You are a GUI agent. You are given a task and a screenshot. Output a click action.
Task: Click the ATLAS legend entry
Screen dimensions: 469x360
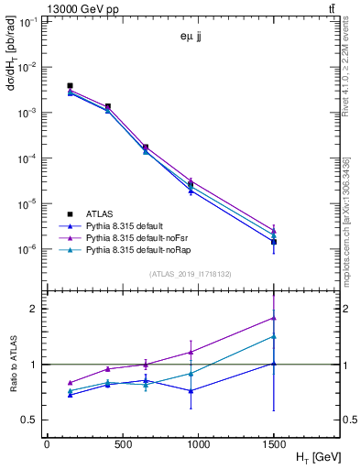tap(99, 213)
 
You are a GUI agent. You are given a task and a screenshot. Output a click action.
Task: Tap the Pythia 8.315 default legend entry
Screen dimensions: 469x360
tap(132, 225)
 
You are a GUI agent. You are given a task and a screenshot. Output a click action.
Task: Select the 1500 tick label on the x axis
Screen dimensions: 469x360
tap(273, 444)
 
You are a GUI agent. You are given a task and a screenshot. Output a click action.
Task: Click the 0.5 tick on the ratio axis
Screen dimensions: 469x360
tap(29, 420)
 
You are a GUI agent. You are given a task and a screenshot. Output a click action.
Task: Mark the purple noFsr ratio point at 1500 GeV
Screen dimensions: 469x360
tap(274, 318)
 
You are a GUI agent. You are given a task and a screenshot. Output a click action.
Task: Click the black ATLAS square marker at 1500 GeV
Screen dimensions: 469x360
tap(274, 242)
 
